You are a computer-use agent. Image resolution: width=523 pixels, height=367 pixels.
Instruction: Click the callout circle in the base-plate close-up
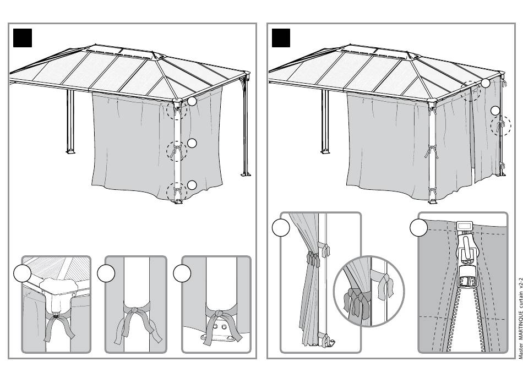[x=182, y=273]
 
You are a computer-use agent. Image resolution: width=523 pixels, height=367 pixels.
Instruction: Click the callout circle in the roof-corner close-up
[x=23, y=273]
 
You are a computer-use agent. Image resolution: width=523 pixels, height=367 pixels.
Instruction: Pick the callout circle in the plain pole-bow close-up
[x=106, y=273]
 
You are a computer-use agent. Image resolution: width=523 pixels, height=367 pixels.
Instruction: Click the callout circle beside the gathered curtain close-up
[x=281, y=228]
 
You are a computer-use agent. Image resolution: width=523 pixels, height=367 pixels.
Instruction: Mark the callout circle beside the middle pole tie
[x=192, y=144]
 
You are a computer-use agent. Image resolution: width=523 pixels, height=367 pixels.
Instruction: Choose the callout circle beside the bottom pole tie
[x=192, y=185]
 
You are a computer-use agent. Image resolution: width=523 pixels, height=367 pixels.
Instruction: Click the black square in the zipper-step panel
[x=281, y=37]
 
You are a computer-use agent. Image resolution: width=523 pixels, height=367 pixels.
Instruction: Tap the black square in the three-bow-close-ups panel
[x=22, y=37]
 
